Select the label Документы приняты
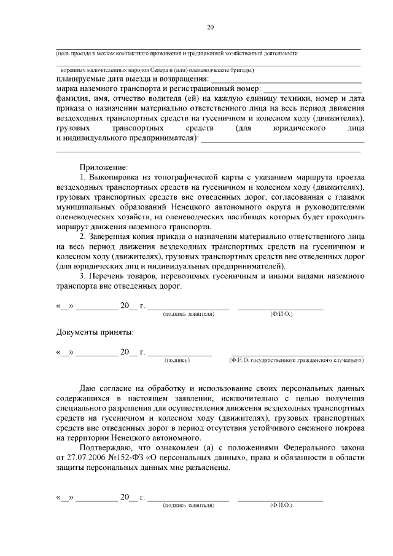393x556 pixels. pyautogui.click(x=95, y=332)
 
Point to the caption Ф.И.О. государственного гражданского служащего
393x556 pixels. pyautogui.click(x=296, y=360)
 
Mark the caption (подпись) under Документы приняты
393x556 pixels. pyautogui.click(x=177, y=360)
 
